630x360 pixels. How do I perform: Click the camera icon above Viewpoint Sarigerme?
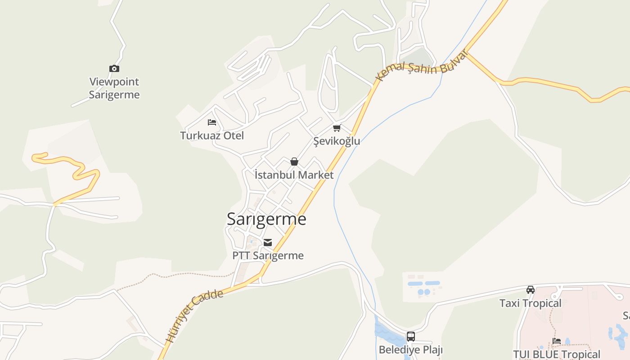point(114,69)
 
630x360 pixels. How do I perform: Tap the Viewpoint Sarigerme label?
point(114,88)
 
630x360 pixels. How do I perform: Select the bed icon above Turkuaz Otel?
point(212,122)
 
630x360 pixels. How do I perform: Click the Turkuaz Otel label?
point(212,135)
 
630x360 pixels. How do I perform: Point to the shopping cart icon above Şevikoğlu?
point(337,128)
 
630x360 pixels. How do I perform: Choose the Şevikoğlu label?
point(337,141)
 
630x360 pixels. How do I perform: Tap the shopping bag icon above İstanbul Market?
point(294,162)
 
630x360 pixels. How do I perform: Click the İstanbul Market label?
point(294,175)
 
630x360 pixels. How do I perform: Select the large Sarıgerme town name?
point(266,219)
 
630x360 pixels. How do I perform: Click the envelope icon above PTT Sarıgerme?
point(268,243)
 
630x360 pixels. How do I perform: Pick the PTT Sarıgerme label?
point(268,256)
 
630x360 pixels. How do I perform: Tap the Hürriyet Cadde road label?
point(194,316)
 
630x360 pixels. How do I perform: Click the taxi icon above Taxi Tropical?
point(531,290)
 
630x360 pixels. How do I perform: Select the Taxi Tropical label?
point(531,303)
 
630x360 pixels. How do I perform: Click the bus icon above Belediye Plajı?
point(411,337)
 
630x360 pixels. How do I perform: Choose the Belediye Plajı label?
point(411,350)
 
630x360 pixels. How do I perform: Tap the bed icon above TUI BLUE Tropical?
point(557,341)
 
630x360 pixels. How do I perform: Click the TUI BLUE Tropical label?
point(557,354)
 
